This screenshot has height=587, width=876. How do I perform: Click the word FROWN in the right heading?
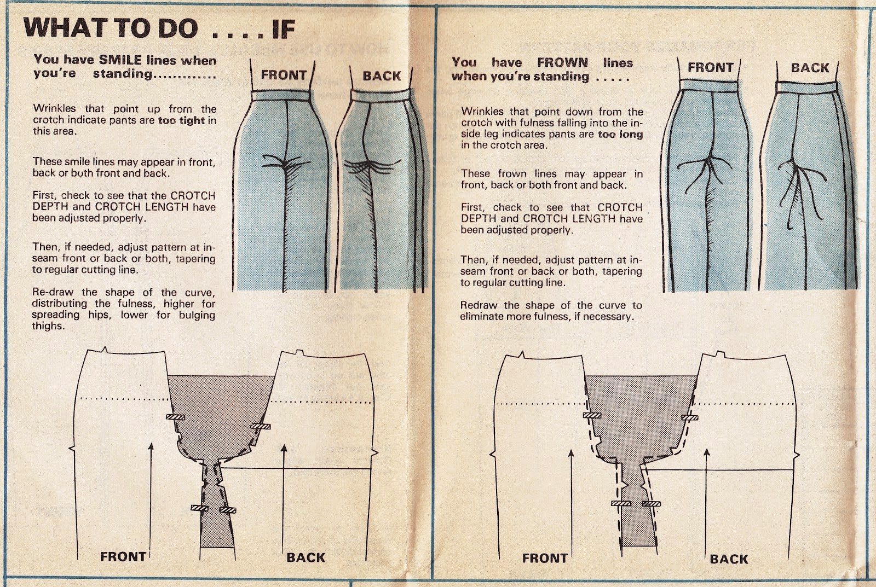(562, 62)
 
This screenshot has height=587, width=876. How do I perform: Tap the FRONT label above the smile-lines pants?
(283, 75)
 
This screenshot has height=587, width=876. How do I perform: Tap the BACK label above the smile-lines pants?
(382, 76)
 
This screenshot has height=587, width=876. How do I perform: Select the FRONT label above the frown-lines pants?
(710, 68)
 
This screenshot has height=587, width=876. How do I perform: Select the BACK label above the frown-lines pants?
(809, 68)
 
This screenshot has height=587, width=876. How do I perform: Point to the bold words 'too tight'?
(181, 120)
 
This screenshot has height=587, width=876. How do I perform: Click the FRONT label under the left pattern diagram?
(123, 557)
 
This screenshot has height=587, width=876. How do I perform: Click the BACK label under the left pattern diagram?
(306, 557)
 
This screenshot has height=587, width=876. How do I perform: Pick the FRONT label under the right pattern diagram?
(544, 559)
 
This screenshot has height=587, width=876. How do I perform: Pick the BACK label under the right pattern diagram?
(728, 559)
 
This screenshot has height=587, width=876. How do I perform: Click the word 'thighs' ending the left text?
(48, 326)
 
